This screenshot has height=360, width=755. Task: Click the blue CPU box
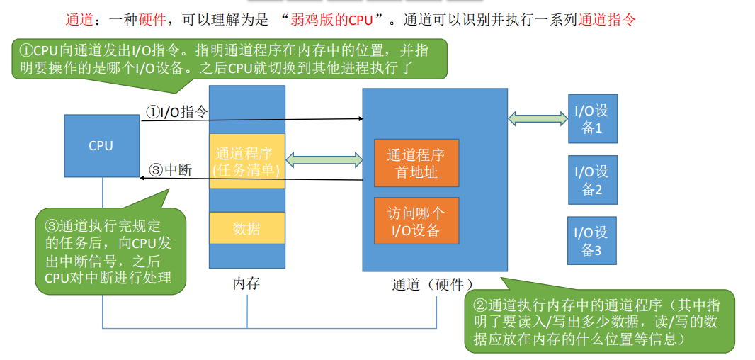pyautogui.click(x=101, y=145)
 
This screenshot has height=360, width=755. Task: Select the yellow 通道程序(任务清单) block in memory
pyautogui.click(x=246, y=161)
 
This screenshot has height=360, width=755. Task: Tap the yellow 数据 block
pyautogui.click(x=246, y=228)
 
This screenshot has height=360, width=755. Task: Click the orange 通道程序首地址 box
pyautogui.click(x=416, y=162)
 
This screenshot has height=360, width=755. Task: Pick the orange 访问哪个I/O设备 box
pyautogui.click(x=416, y=221)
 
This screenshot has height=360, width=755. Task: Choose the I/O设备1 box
pyautogui.click(x=592, y=119)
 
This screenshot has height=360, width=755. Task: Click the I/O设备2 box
pyautogui.click(x=592, y=180)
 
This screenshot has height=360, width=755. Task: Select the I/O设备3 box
pyautogui.click(x=592, y=241)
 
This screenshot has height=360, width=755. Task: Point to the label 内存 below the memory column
pyautogui.click(x=246, y=284)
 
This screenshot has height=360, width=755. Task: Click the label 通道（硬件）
pyautogui.click(x=433, y=284)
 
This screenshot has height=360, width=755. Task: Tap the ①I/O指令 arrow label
pyautogui.click(x=177, y=111)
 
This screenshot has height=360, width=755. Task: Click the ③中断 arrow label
pyautogui.click(x=170, y=170)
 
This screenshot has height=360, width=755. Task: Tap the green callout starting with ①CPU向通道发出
pyautogui.click(x=230, y=59)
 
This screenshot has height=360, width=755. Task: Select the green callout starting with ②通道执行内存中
pyautogui.click(x=599, y=322)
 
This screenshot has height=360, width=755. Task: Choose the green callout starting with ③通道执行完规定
pyautogui.click(x=110, y=252)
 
